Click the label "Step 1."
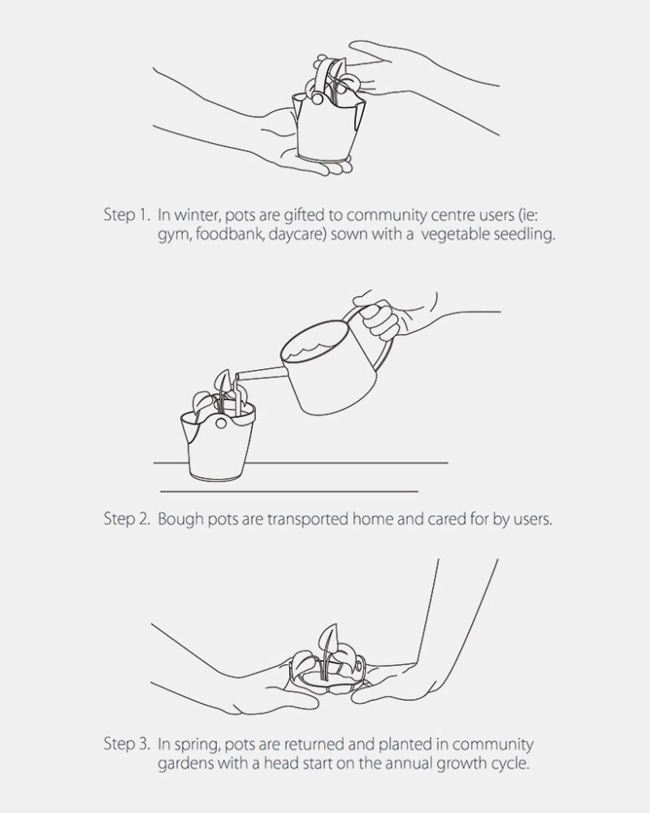coord(127,215)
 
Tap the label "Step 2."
coord(127,519)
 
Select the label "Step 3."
coord(127,744)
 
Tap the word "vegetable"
coord(455,235)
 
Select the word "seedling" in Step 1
coord(524,235)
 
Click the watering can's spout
coord(260,373)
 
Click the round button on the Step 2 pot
coord(221,423)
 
